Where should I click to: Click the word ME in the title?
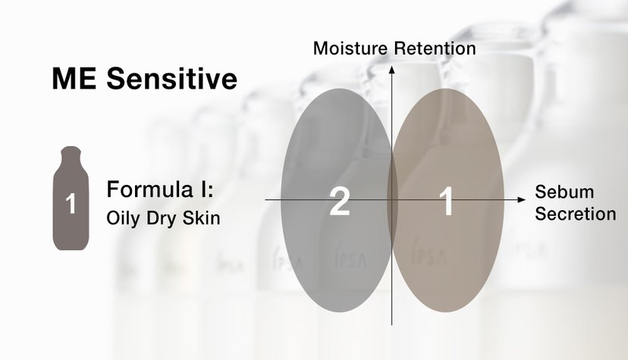74,78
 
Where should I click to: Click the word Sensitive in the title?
172,78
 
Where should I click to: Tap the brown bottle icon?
71,198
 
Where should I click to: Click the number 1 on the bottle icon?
71,203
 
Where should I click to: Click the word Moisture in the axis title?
350,49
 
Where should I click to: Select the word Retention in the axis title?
435,49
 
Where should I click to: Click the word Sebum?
564,192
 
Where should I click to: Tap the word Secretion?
576,214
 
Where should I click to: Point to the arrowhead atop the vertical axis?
391,70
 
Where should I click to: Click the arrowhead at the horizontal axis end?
522,199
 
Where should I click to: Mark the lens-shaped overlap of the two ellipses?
392,200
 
